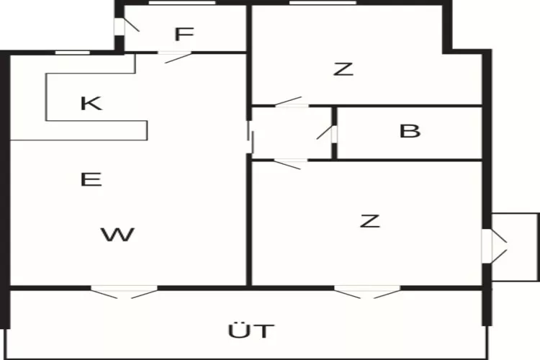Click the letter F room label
(184, 34)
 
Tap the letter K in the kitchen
(91, 104)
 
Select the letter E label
(91, 179)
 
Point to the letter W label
(117, 235)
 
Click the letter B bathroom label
(410, 131)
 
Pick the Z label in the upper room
(343, 69)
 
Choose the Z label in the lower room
(370, 221)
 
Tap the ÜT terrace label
(251, 330)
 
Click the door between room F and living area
(175, 57)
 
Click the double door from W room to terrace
(125, 292)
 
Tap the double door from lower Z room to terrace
(367, 292)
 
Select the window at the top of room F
(182, 3)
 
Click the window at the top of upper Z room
(323, 3)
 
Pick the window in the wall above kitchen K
(73, 53)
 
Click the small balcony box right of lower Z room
(515, 247)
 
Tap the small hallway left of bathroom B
(292, 133)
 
